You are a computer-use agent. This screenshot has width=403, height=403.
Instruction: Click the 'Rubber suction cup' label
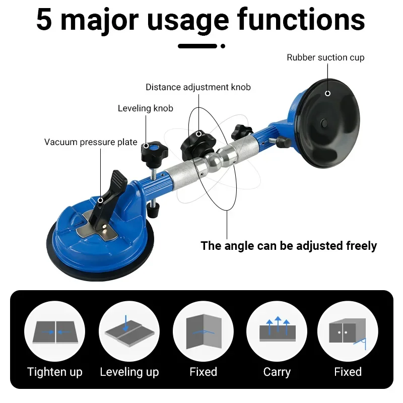click(325, 57)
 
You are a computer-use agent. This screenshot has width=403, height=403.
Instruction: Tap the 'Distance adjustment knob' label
click(198, 87)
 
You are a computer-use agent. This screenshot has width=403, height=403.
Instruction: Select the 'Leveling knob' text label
click(146, 108)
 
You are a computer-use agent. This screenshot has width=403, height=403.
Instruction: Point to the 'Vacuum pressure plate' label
click(91, 142)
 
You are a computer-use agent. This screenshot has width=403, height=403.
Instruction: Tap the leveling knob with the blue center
click(154, 153)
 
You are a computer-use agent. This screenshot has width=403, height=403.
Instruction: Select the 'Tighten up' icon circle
click(55, 331)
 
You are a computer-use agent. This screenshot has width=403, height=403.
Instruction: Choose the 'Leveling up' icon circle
click(129, 331)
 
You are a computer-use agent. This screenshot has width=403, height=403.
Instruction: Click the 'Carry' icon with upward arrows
click(277, 331)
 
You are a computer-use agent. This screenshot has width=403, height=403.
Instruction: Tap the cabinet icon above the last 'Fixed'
click(348, 331)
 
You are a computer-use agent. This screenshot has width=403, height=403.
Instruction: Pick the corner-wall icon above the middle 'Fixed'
click(204, 331)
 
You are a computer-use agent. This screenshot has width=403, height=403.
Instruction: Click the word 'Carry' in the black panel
click(277, 372)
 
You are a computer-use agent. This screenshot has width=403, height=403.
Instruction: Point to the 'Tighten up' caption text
click(55, 372)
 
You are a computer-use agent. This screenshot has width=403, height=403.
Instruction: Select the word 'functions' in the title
click(301, 20)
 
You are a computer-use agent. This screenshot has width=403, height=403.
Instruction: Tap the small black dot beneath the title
click(223, 46)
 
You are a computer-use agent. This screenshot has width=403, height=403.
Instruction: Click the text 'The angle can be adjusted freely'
click(289, 246)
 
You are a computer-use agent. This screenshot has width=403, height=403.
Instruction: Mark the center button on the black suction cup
click(324, 123)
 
